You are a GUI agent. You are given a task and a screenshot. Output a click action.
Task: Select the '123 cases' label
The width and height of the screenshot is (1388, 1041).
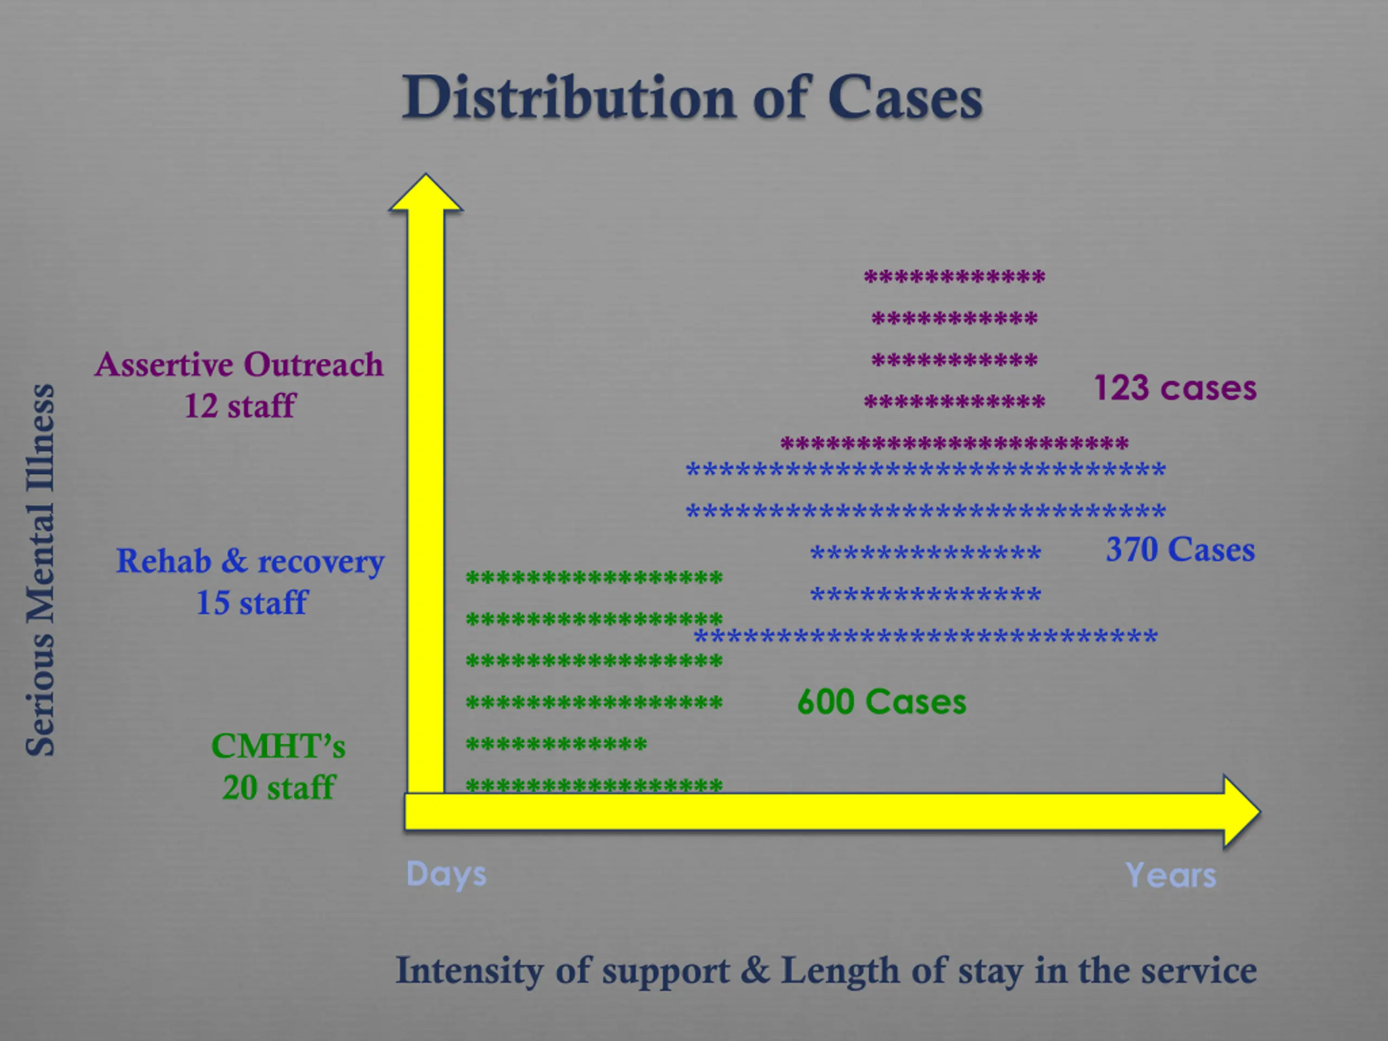coord(1175,388)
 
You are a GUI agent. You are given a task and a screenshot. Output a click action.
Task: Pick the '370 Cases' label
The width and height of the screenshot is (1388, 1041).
coord(1180,550)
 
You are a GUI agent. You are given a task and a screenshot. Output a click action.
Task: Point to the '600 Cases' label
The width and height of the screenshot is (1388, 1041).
coord(882,702)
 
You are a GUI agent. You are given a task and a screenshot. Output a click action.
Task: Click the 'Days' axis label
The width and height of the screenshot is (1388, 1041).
coord(446,874)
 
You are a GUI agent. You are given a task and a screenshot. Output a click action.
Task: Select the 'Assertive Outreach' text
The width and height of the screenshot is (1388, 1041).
coord(239,364)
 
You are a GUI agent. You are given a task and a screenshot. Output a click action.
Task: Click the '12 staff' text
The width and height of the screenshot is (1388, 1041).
coord(239,406)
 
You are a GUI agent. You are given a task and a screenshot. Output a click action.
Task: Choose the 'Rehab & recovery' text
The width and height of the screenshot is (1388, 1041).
coord(250,561)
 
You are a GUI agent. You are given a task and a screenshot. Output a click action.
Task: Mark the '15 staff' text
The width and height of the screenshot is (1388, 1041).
coord(252,602)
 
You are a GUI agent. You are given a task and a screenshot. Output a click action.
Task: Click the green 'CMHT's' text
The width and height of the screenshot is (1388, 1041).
coord(278,746)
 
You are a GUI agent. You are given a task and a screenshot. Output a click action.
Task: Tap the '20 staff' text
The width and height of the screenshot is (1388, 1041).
coord(279,787)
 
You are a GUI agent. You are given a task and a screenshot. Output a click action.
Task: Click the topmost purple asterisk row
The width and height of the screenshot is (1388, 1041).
coord(954,277)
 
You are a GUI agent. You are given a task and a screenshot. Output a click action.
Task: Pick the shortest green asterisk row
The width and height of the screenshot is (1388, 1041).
coord(556,744)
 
